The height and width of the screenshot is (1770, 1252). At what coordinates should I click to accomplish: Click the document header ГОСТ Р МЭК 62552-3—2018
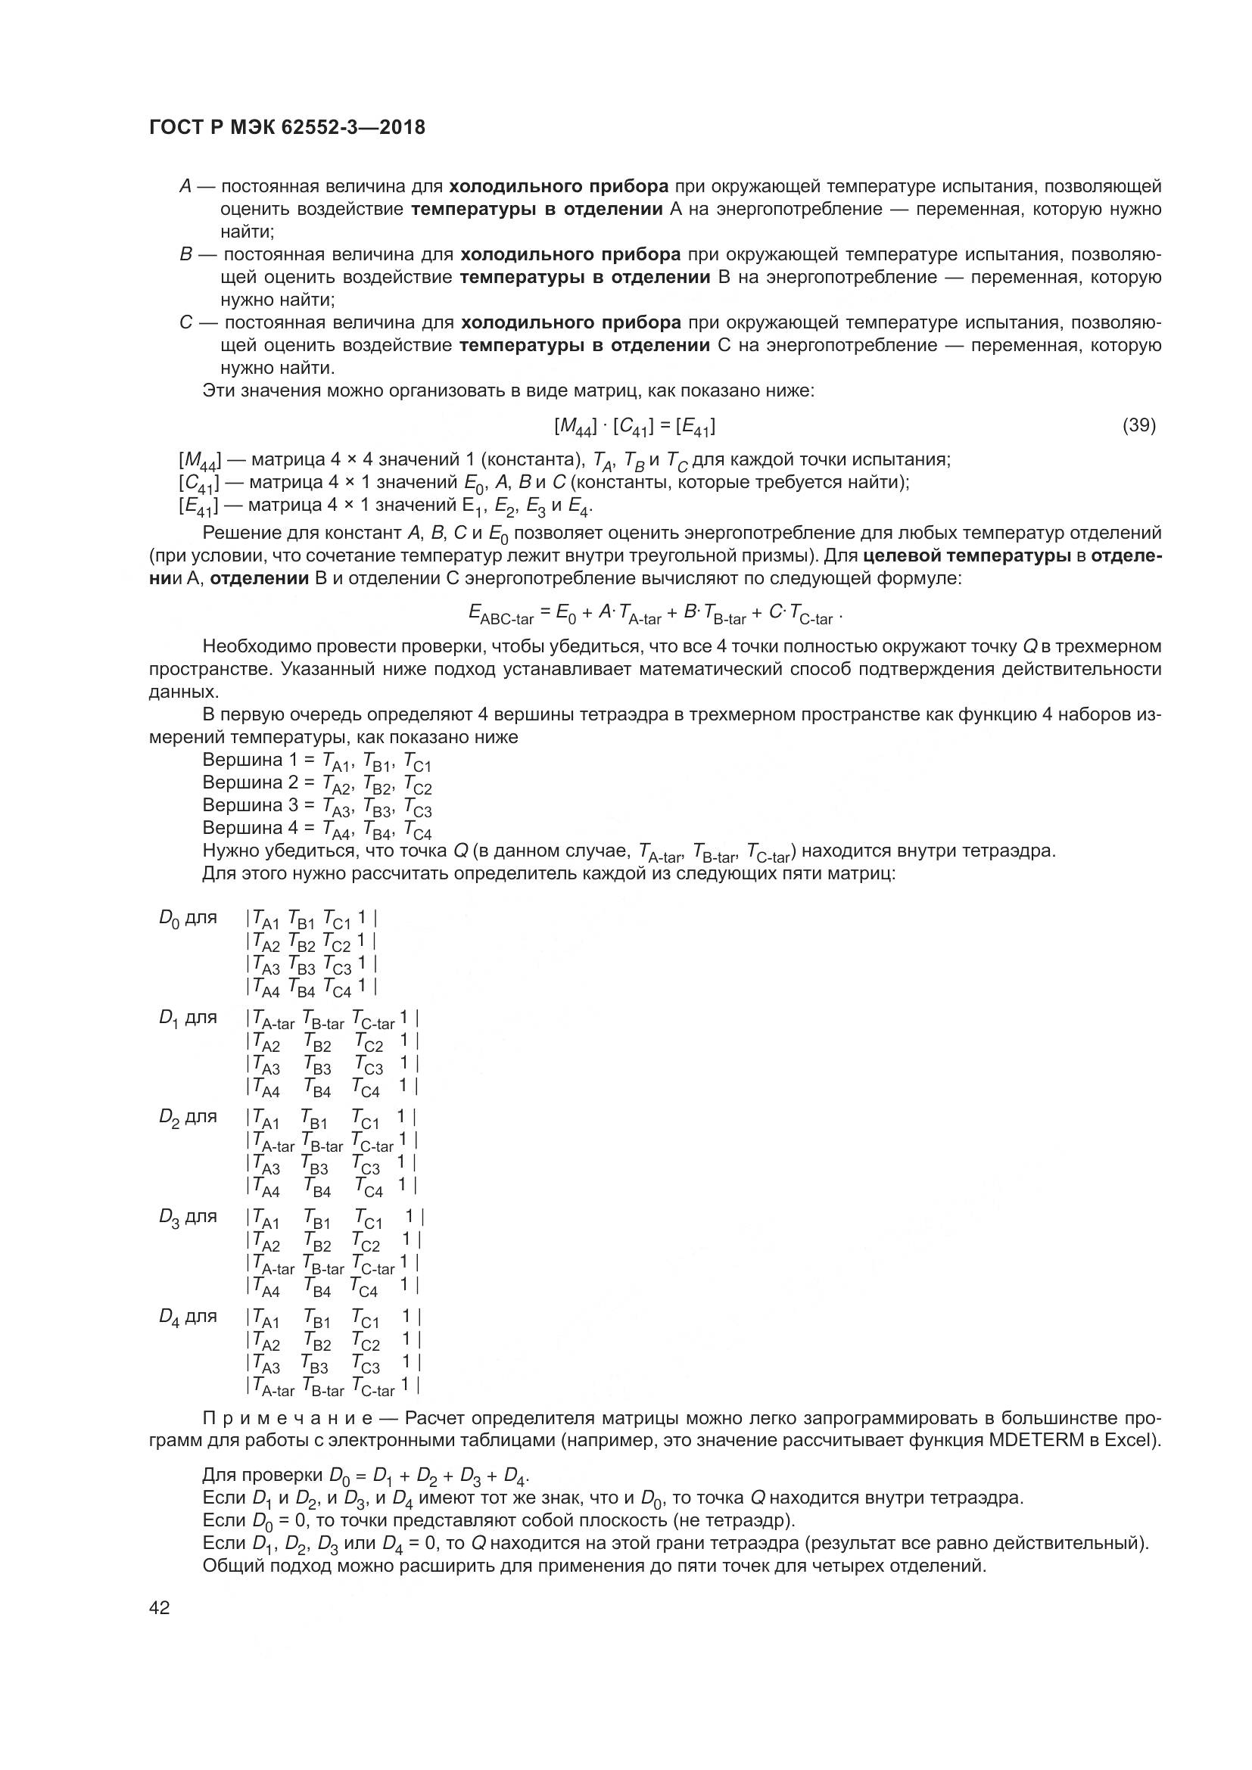coord(287,128)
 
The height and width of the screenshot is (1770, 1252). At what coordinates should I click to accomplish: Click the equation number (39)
coord(1138,425)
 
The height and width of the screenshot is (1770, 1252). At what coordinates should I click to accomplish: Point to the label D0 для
coord(187,918)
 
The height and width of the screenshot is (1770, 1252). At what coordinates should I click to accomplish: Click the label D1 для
coord(187,1018)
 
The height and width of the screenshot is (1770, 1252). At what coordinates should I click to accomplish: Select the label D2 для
coord(187,1117)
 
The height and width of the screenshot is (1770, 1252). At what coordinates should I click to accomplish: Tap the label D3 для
coord(187,1217)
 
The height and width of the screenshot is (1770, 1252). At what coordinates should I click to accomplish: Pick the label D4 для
coord(187,1316)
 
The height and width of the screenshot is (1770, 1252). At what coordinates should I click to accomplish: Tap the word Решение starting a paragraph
coord(235,533)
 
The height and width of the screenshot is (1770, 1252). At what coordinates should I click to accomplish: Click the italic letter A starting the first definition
coord(185,187)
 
